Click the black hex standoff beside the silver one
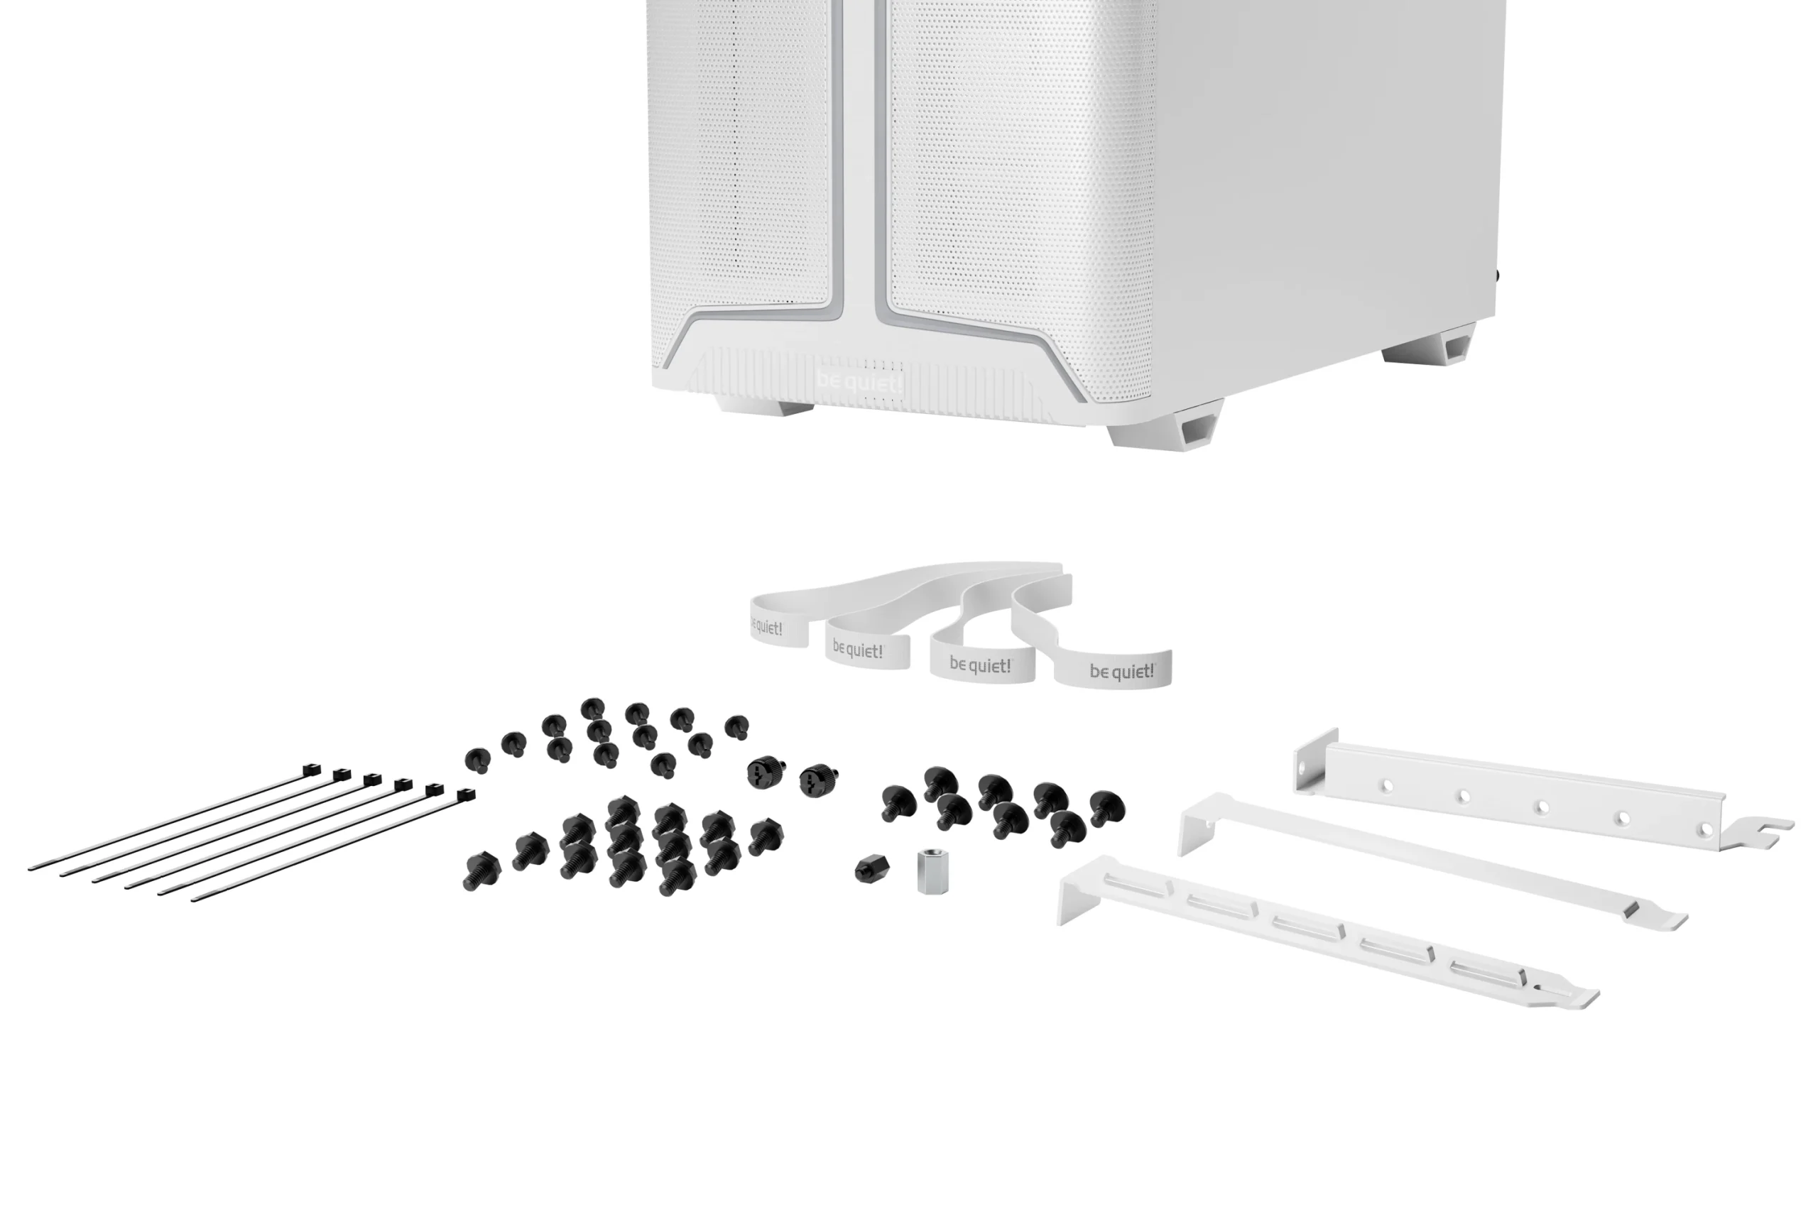[872, 869]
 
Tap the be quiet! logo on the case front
[859, 382]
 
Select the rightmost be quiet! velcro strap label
[1121, 670]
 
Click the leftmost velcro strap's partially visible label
[767, 627]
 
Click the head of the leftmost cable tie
[311, 769]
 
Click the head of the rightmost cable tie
[465, 795]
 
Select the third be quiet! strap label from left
[980, 665]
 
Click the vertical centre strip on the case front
[858, 155]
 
